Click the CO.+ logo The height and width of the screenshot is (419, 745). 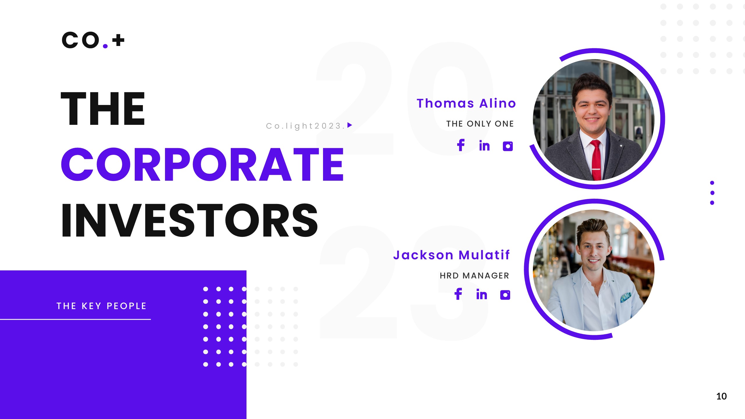coord(93,40)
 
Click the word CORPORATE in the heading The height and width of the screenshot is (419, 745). coord(203,165)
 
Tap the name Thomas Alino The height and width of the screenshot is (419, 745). coord(466,104)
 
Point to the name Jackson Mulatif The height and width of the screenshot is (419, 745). coord(451,255)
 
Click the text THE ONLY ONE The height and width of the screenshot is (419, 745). coord(480,124)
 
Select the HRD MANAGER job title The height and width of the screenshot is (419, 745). coord(474,276)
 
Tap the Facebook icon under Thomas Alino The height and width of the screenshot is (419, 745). coord(461,145)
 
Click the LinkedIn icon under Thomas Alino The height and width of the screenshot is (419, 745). coord(485,146)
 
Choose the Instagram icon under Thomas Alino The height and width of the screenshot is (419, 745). coord(508,146)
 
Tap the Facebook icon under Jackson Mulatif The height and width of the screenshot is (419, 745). coord(458,294)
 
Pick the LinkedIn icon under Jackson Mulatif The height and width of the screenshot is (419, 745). coord(482,294)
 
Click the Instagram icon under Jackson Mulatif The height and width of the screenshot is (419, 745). coord(505,295)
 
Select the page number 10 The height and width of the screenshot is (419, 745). coord(721,396)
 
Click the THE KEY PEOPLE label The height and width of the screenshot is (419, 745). coord(102,306)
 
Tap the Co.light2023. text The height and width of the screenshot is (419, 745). coord(306,126)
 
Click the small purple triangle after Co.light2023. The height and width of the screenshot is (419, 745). coord(350,125)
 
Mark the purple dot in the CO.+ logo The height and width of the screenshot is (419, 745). coord(105,46)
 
